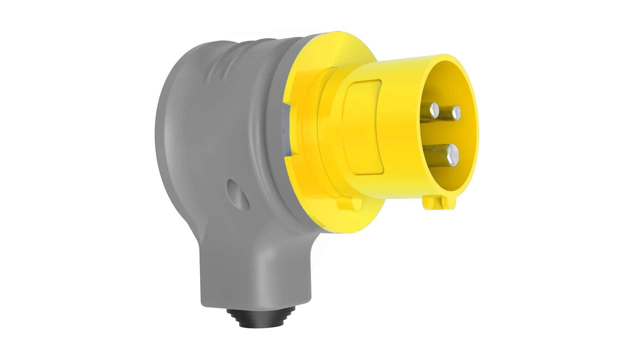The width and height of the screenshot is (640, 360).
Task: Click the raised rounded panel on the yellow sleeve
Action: point(363,127)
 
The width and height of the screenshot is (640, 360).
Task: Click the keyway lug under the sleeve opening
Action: point(437,202)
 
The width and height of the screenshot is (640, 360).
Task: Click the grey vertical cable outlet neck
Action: point(233,267)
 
